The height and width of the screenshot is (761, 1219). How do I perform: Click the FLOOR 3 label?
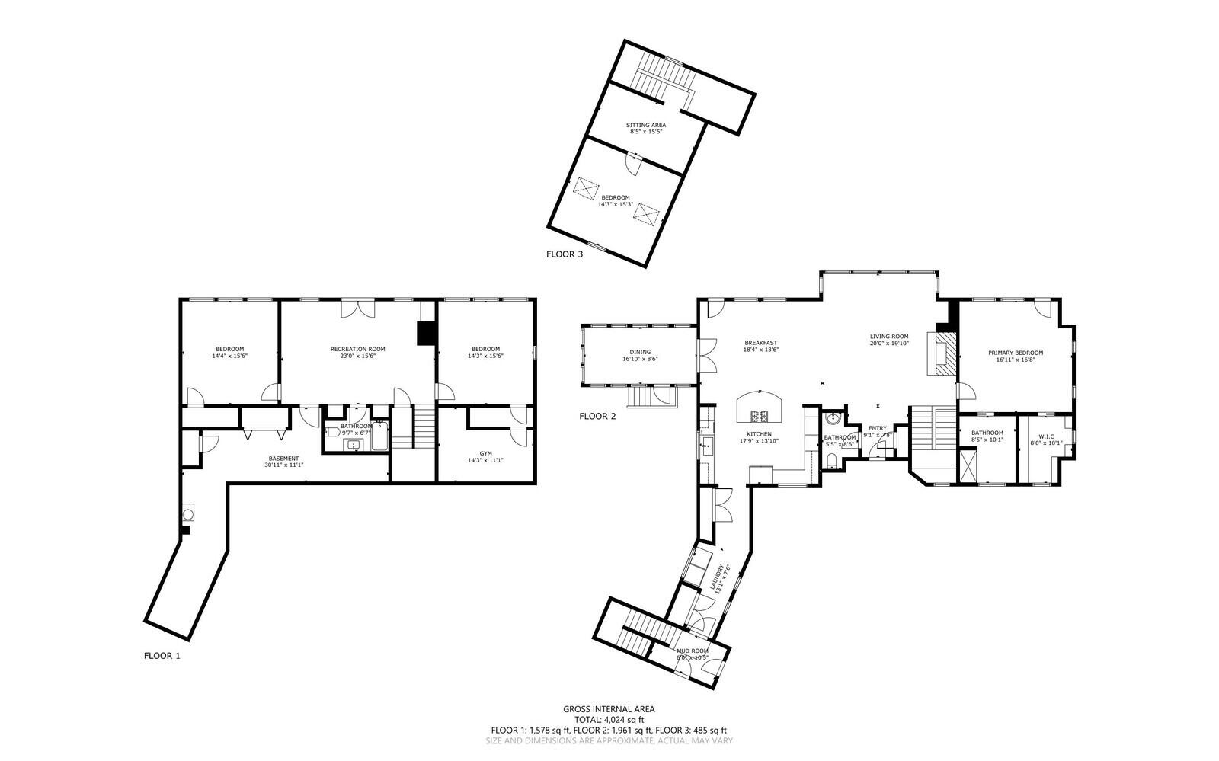(565, 254)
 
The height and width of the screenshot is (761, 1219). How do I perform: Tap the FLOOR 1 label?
(162, 655)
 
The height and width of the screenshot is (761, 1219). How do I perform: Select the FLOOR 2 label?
(597, 416)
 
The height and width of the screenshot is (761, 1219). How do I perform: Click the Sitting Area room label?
(646, 128)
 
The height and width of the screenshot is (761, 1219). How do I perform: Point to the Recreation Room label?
(357, 352)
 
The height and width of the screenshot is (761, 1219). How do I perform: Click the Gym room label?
(485, 456)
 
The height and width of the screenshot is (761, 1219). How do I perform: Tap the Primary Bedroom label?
(1015, 356)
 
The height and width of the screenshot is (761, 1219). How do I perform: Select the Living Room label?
(889, 339)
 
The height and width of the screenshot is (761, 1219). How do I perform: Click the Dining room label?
(640, 355)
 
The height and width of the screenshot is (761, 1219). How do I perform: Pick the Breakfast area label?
(760, 346)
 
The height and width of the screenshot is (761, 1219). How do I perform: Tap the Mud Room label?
(692, 654)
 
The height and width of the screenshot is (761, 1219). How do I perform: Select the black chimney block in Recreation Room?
(424, 333)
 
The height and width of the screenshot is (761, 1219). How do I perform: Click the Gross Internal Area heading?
(609, 709)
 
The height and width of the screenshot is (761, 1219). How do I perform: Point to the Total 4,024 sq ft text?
(609, 719)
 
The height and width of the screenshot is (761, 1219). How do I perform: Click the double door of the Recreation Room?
(357, 309)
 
